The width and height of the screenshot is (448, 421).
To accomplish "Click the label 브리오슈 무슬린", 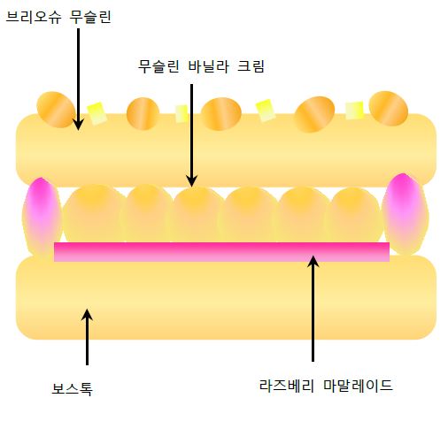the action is click(x=58, y=17).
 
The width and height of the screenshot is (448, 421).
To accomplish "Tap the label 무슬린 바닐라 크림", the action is click(x=201, y=66).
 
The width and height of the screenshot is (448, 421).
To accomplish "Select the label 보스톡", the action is click(x=72, y=388).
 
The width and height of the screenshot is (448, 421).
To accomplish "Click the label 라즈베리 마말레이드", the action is click(x=326, y=386).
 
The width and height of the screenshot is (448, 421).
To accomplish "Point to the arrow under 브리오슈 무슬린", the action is click(x=78, y=79).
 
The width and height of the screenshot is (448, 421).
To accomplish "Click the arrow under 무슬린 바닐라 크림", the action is click(x=192, y=135).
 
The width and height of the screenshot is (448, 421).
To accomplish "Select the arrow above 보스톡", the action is click(x=87, y=337).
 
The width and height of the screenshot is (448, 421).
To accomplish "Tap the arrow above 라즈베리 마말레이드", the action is click(x=313, y=308).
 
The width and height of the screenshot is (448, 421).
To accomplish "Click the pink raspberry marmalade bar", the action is click(x=221, y=252).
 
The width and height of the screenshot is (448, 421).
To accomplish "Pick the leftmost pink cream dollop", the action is click(x=42, y=217).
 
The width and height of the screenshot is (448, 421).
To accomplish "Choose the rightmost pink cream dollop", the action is click(x=405, y=214).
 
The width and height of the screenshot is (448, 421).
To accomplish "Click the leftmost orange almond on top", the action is click(x=56, y=110).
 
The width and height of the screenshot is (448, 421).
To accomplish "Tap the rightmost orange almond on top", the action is click(x=389, y=108).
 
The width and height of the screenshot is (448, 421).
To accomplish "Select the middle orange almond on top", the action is click(x=221, y=114).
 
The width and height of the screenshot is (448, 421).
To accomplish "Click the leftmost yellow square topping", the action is click(x=97, y=113).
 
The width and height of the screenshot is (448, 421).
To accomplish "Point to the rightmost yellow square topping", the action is click(x=354, y=111).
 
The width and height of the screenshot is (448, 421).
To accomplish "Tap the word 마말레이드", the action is click(x=358, y=386).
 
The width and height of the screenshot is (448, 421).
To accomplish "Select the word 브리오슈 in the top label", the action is click(x=34, y=17).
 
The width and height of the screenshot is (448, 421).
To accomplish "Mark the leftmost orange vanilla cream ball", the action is click(x=93, y=214).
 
